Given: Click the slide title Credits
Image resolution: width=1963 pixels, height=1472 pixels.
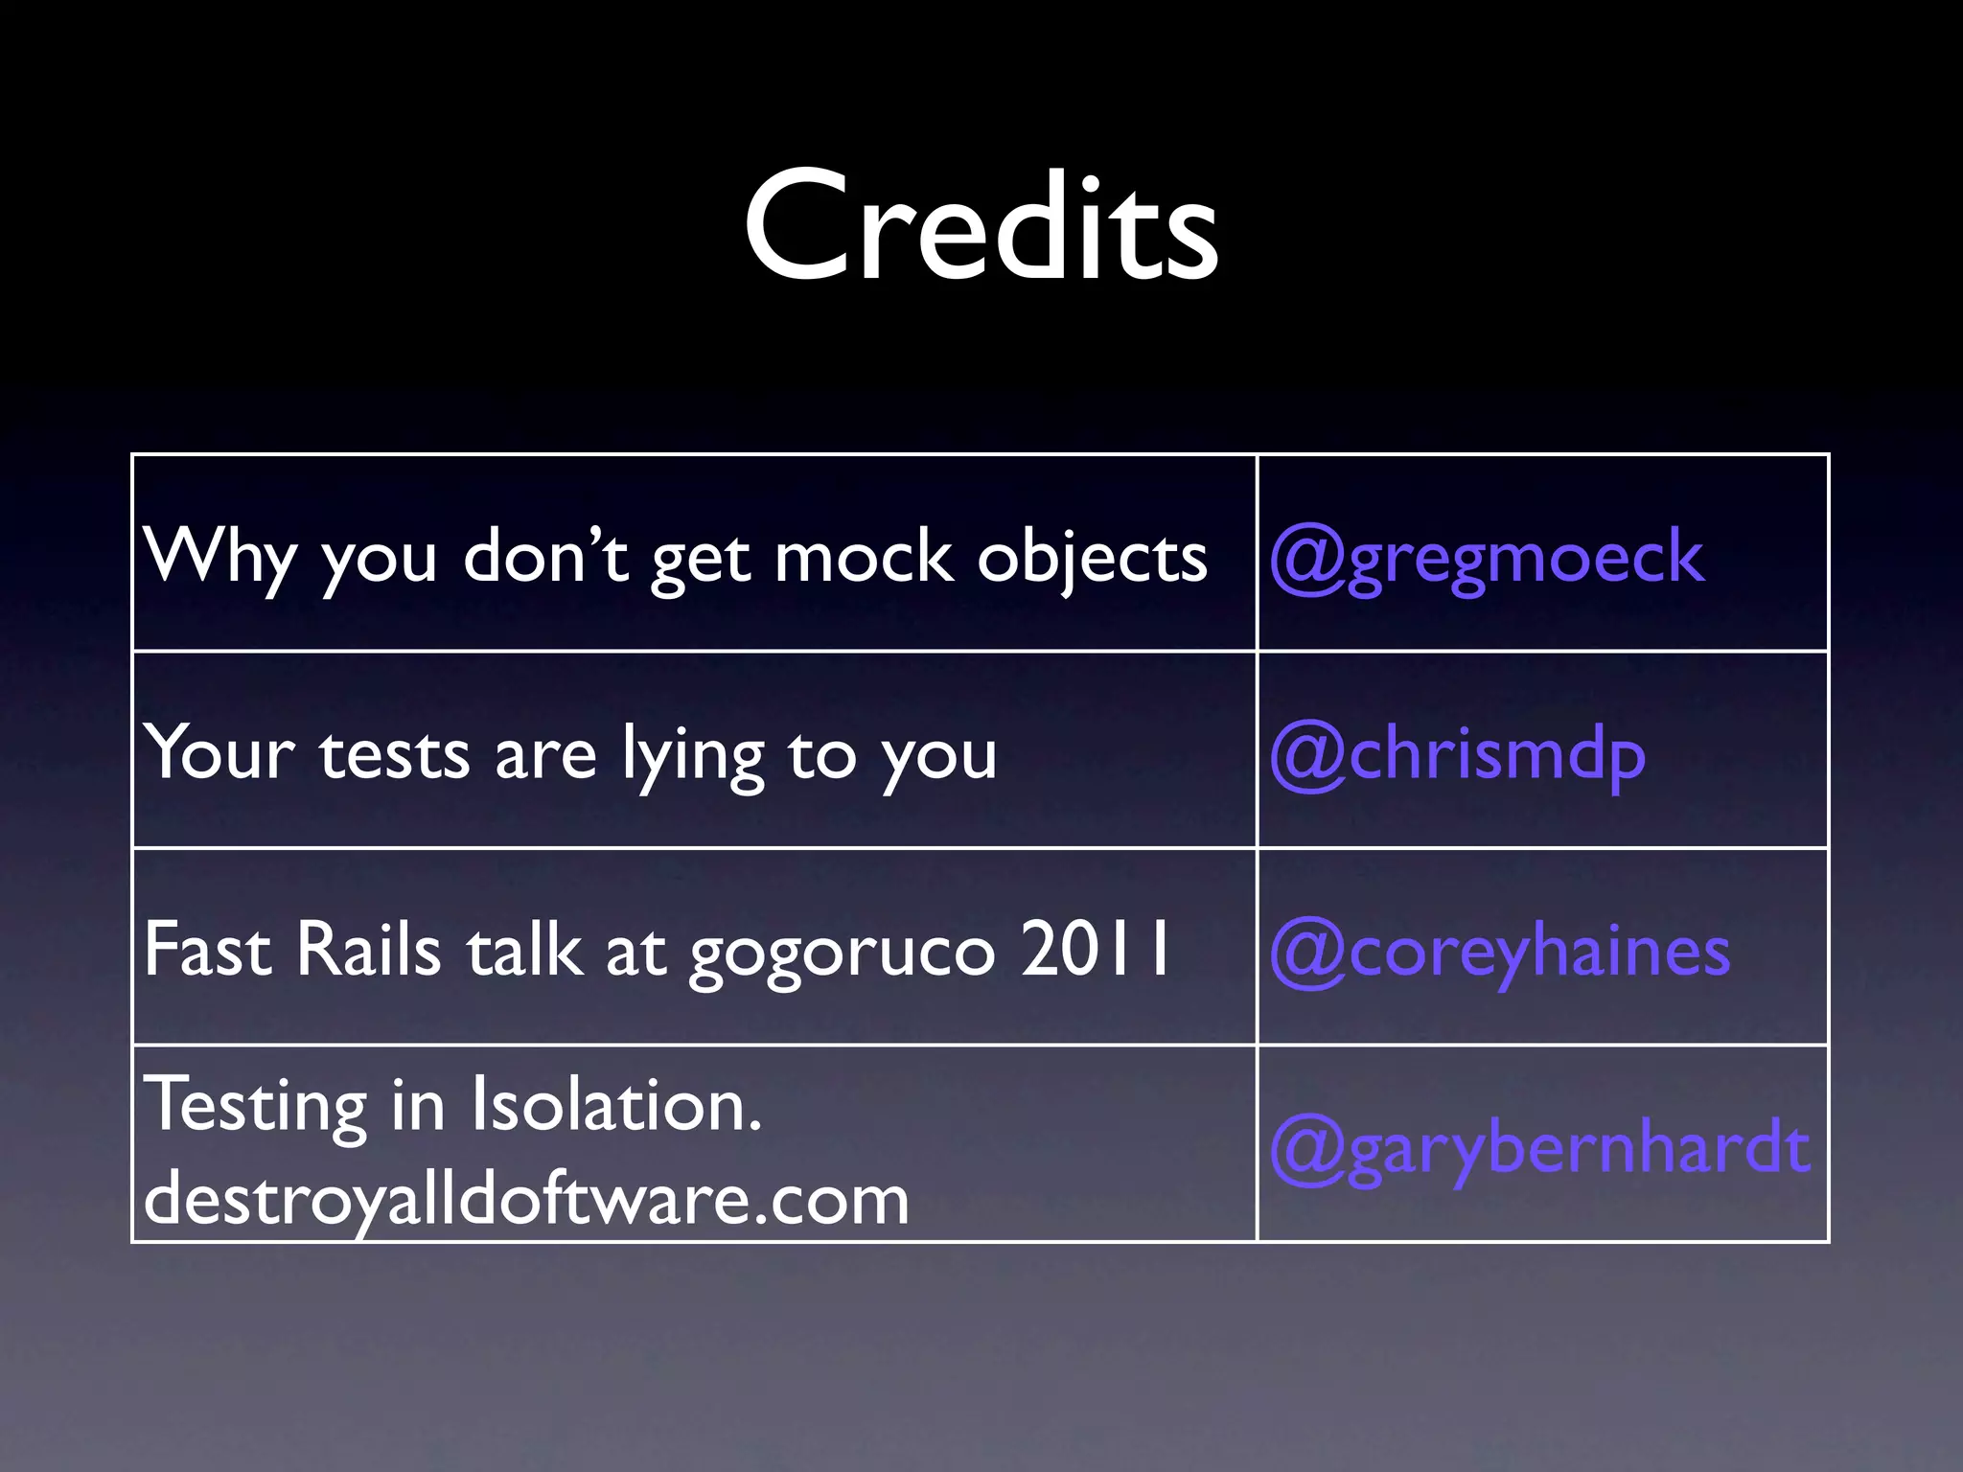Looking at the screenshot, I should pos(981,227).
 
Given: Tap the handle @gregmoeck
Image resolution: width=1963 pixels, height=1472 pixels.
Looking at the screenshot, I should pos(1487,557).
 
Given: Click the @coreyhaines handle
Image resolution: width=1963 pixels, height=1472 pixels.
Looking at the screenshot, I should pos(1500,952).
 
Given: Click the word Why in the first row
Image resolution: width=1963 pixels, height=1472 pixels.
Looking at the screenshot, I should pos(219,557).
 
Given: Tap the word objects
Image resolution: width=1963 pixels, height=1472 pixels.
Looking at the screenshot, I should pos(1091,559).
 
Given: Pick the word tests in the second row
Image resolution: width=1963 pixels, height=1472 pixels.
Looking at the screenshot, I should pos(394,754).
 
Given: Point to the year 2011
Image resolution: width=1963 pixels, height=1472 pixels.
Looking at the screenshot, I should pos(1096,950).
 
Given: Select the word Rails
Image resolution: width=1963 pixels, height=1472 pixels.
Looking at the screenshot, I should pos(368,950).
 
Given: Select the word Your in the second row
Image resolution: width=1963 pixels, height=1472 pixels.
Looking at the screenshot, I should pos(219,754).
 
